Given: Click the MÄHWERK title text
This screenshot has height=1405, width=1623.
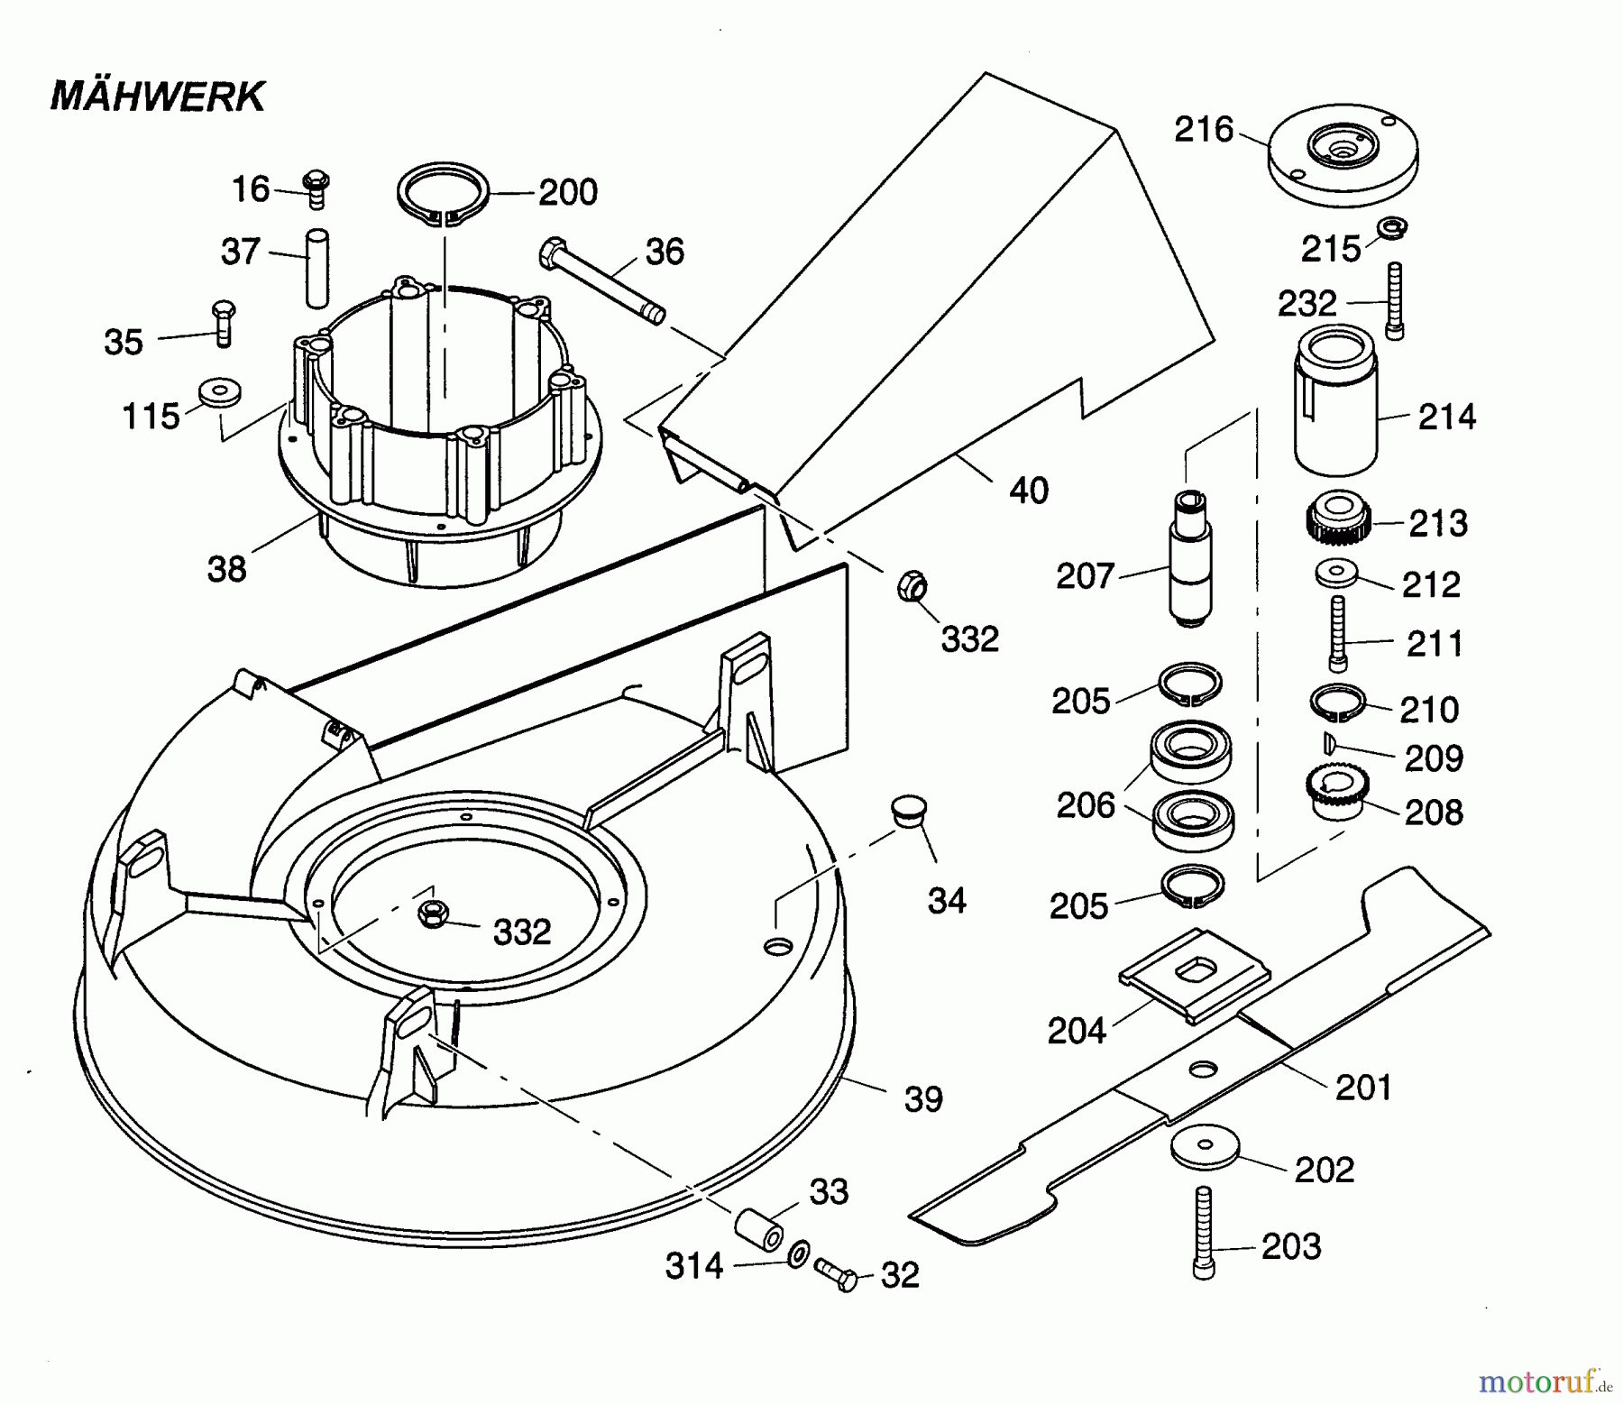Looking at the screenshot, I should pyautogui.click(x=158, y=96).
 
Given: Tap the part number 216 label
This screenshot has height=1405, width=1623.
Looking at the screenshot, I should pyautogui.click(x=1203, y=130).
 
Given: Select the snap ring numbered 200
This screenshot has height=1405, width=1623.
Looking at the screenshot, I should pyautogui.click(x=443, y=192).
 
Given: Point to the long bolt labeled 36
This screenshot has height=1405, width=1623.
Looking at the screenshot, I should pyautogui.click(x=602, y=280).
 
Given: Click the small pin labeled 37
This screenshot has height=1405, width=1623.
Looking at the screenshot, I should pyautogui.click(x=317, y=267).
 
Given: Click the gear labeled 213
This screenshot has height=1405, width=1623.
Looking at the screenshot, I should pyautogui.click(x=1338, y=518).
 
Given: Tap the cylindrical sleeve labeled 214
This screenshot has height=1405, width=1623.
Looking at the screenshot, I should pyautogui.click(x=1336, y=400).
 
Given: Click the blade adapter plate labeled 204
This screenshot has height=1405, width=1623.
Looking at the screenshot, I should pyautogui.click(x=1194, y=975).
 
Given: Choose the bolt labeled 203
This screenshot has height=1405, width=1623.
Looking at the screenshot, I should pyautogui.click(x=1202, y=1232).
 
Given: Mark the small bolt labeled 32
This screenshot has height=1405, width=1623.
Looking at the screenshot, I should pyautogui.click(x=836, y=1274).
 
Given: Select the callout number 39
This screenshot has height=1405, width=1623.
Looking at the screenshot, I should pyautogui.click(x=922, y=1098).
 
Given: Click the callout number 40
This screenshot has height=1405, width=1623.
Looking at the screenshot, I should pyautogui.click(x=1029, y=491).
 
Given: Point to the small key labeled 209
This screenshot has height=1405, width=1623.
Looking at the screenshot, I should pyautogui.click(x=1328, y=741).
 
